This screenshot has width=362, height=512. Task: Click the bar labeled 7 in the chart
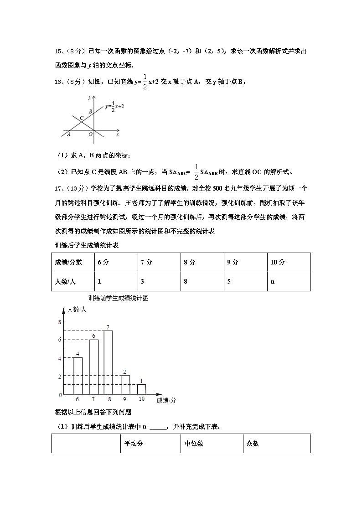click(108, 362)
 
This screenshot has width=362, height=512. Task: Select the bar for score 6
click(78, 376)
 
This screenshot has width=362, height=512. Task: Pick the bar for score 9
click(125, 385)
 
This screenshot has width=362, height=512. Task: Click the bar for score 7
click(93, 367)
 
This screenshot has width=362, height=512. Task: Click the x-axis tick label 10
click(141, 399)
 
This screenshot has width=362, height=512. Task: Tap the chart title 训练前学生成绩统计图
click(119, 299)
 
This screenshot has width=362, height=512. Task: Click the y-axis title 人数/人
click(77, 310)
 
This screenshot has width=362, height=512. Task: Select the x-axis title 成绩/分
click(166, 400)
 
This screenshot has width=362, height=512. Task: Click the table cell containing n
click(289, 281)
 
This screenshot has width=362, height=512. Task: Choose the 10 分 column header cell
click(289, 262)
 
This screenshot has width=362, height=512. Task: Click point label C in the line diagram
click(81, 119)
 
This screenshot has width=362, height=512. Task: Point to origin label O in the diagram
click(90, 134)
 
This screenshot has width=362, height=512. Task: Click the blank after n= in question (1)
click(158, 427)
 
